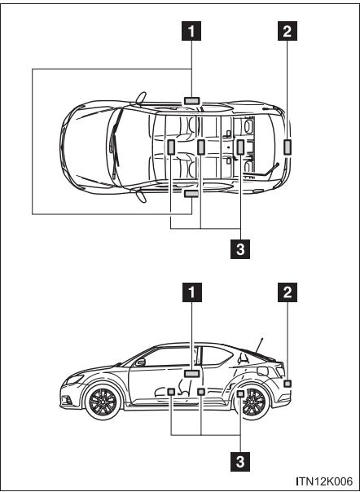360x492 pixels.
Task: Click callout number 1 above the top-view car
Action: tap(191, 36)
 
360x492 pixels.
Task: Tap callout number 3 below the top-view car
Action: tap(241, 250)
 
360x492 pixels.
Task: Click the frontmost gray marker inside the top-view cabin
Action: tap(171, 147)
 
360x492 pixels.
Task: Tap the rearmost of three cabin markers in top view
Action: tap(240, 147)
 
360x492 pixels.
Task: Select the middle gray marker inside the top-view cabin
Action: tap(200, 147)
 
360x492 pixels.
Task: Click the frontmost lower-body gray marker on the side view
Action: tap(171, 393)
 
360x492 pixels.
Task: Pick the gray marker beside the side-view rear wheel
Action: tap(240, 394)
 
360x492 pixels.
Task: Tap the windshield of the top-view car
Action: tap(122, 144)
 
